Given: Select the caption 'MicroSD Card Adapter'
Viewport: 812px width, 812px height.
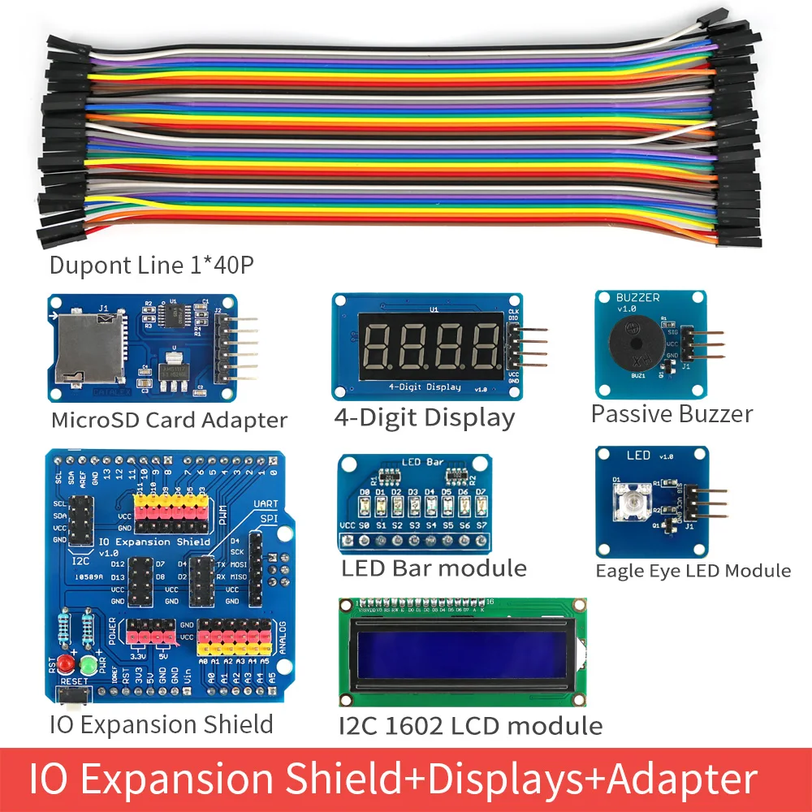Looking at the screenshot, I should pyautogui.click(x=169, y=420).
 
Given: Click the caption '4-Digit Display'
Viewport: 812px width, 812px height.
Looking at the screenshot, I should pyautogui.click(x=424, y=418).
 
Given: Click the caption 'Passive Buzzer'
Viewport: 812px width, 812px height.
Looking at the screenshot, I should pyautogui.click(x=672, y=414).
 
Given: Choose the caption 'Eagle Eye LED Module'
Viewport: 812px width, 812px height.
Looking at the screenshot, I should pyautogui.click(x=693, y=571).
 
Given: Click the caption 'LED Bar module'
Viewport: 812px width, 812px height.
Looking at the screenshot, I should pyautogui.click(x=434, y=568).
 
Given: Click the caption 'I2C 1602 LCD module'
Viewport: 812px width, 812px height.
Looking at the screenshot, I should pyautogui.click(x=470, y=725).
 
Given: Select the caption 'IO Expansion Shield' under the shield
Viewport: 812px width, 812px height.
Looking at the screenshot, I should pyautogui.click(x=162, y=723).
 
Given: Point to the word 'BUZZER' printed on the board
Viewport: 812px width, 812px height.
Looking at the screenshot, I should pyautogui.click(x=638, y=298).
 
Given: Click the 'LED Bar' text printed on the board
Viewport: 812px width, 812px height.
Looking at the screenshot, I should pyautogui.click(x=423, y=462).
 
